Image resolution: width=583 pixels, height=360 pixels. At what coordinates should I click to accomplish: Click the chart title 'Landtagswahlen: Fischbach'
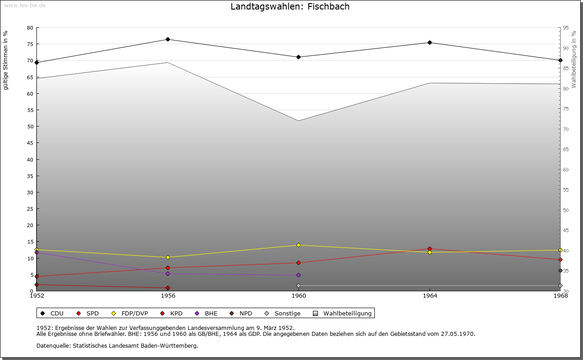tap(290, 6)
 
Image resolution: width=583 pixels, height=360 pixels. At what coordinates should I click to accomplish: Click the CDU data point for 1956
tap(168, 40)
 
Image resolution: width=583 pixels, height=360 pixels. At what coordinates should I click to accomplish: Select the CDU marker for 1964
tap(430, 43)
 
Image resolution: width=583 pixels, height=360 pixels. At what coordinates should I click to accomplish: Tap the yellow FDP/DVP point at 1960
tap(298, 245)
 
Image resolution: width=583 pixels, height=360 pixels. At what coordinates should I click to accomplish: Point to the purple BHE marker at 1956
tap(168, 274)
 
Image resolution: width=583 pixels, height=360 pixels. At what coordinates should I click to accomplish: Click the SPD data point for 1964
tap(430, 249)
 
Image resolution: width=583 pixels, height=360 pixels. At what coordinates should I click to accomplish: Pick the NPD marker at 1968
tap(560, 271)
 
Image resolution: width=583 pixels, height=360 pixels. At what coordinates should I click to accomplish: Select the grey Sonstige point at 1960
tap(298, 286)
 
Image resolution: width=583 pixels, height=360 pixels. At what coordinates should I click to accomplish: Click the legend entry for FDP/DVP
tap(134, 314)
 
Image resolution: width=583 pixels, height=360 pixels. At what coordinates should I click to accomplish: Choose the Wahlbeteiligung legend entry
tap(347, 314)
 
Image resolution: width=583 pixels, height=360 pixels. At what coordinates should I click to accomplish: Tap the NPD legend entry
tap(245, 314)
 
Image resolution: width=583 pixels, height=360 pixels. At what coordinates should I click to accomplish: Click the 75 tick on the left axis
tap(30, 44)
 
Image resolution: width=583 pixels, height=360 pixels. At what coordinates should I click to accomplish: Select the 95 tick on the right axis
tap(565, 28)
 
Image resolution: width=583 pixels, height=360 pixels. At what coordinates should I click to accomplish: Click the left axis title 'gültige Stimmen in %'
tap(6, 60)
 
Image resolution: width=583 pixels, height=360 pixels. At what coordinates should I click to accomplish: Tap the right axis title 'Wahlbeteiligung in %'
tap(574, 60)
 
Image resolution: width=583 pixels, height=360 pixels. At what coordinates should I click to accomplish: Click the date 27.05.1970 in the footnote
tap(457, 334)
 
